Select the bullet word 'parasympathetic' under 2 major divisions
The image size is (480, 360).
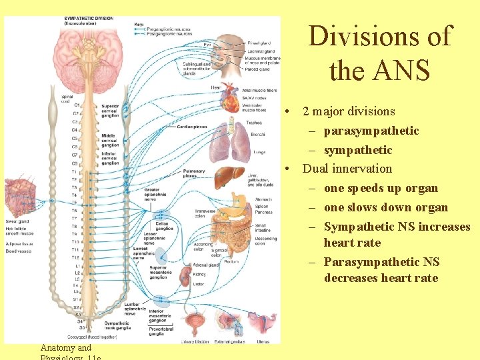[371, 131]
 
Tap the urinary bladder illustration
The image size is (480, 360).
[196, 325]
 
